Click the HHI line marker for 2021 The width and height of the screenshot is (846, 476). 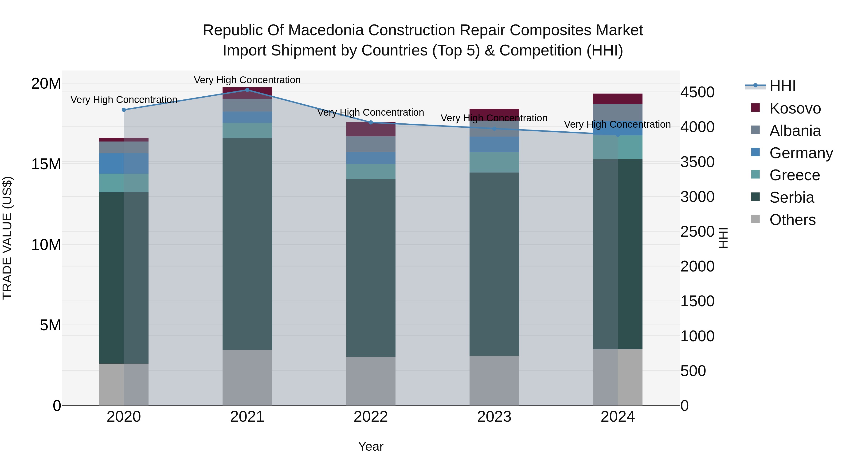pos(247,90)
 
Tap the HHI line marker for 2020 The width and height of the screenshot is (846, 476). pos(124,110)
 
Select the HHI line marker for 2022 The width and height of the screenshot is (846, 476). pos(371,122)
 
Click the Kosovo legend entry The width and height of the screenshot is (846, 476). pos(795,108)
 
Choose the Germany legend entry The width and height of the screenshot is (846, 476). pos(801,153)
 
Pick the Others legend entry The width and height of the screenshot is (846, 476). pos(792,220)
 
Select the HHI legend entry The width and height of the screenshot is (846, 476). pos(782,86)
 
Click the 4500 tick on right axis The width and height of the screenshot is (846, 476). pos(697,92)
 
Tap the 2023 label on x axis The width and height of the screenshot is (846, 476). pos(494,417)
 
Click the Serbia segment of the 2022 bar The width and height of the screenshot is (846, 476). pos(371,268)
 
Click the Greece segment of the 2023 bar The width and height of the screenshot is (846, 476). pos(494,162)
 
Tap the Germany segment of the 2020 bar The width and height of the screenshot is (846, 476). pos(124,163)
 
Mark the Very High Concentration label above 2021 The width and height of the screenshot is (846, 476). pos(247,80)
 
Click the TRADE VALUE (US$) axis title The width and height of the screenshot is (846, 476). pos(7,238)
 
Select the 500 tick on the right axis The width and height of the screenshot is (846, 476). pos(693,371)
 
